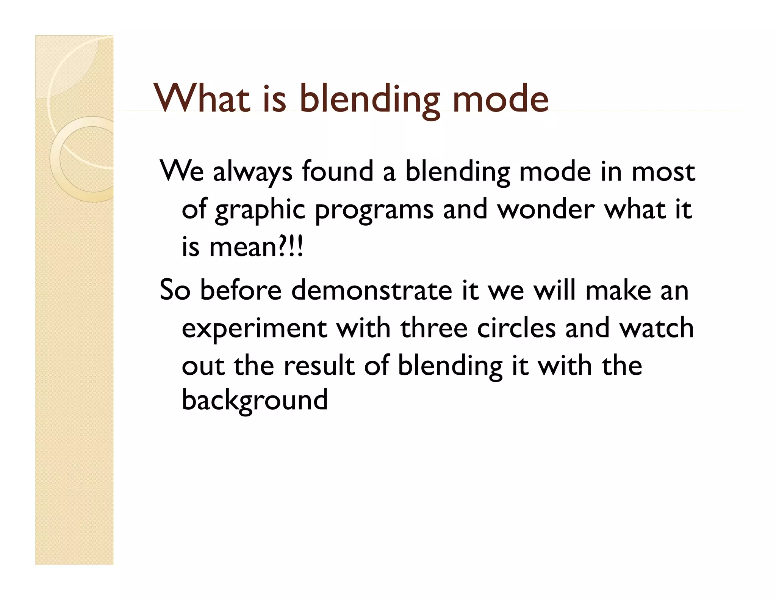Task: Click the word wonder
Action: [546, 209]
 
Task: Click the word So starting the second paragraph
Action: [175, 290]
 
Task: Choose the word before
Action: [241, 290]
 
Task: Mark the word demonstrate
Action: [372, 290]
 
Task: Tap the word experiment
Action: [254, 329]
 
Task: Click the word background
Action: [255, 401]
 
